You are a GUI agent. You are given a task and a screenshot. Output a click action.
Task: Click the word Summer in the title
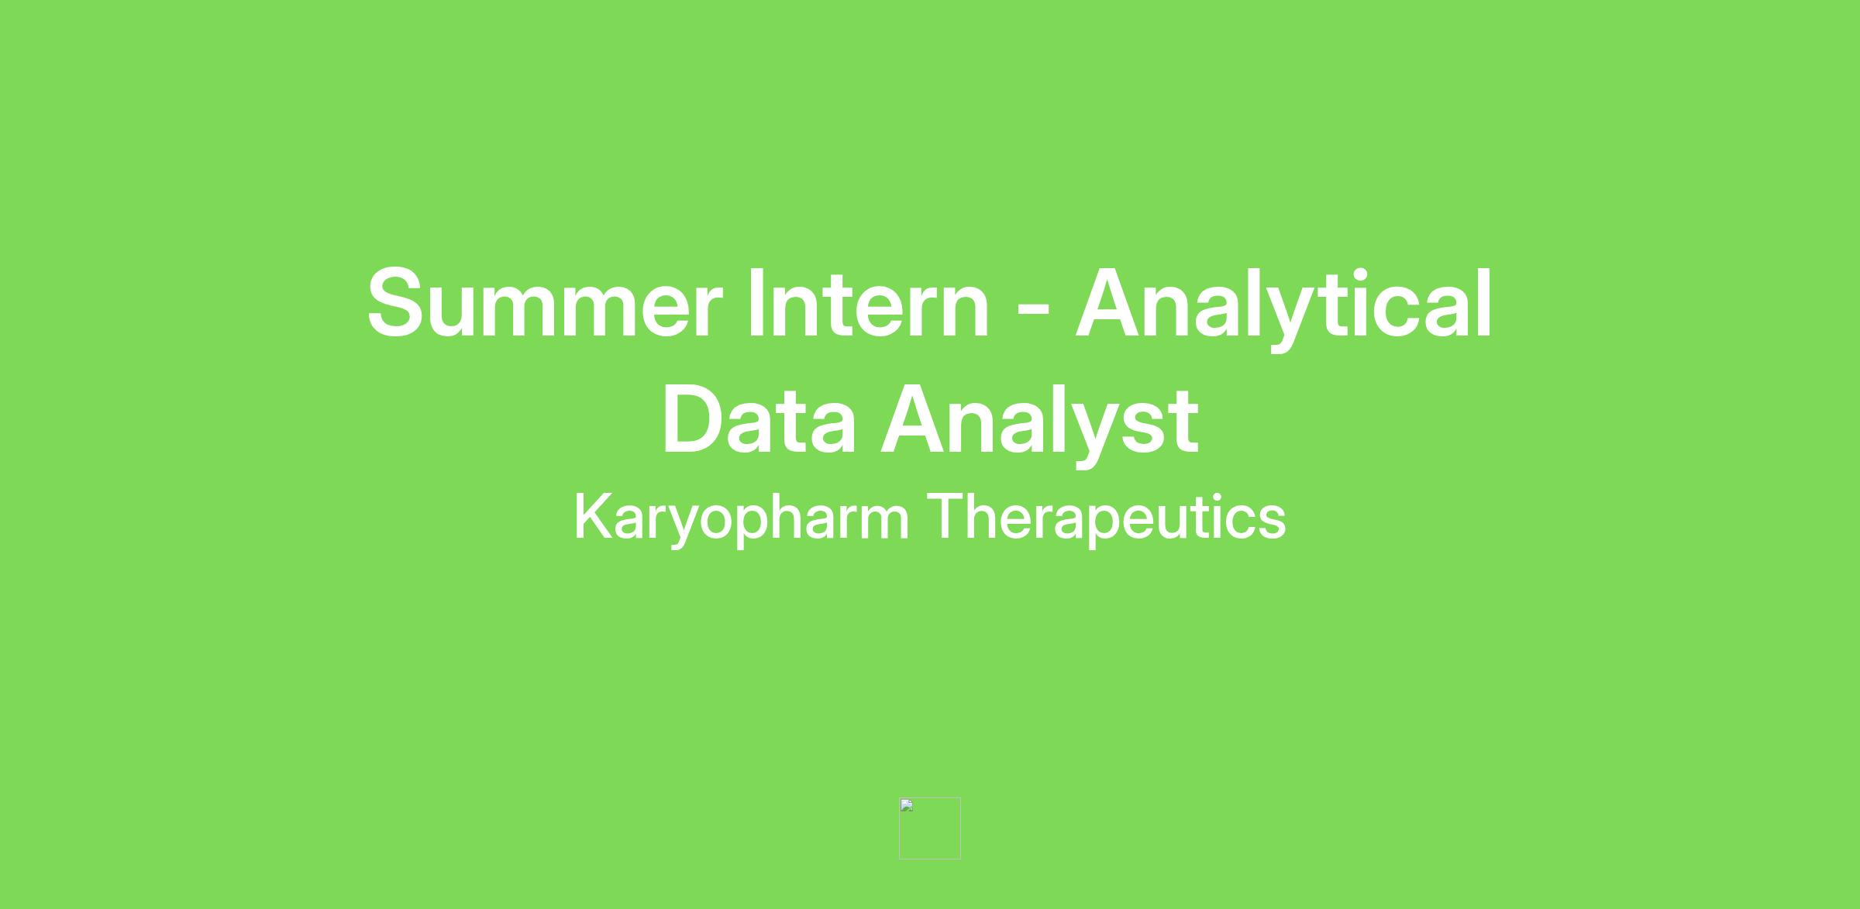(545, 303)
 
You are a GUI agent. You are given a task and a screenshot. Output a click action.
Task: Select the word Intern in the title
(868, 303)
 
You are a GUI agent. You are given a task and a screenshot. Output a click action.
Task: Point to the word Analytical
(1283, 308)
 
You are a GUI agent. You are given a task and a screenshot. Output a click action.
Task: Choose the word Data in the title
(759, 419)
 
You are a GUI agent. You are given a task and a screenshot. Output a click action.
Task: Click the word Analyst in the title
(1040, 424)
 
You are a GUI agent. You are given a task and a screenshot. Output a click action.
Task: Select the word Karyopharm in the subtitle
(741, 518)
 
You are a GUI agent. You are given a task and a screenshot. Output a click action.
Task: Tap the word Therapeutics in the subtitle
(1107, 518)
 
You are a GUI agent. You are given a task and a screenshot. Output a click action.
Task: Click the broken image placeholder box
(930, 828)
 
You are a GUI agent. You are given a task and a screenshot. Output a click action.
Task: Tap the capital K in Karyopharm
(594, 516)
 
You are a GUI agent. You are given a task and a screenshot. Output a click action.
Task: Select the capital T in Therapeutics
(946, 516)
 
